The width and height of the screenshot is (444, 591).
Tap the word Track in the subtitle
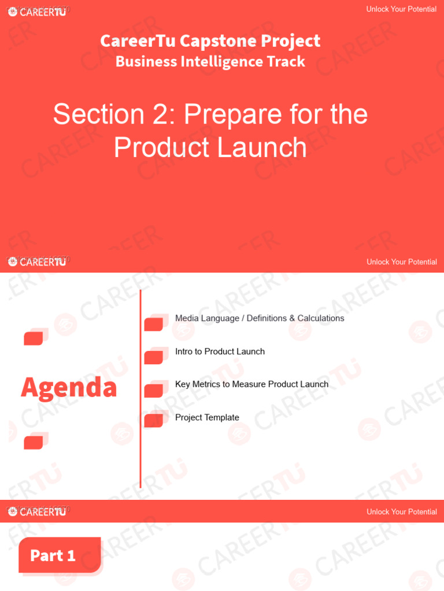[285, 61]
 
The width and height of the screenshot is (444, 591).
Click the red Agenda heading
[69, 387]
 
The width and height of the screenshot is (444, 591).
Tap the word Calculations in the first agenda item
[321, 318]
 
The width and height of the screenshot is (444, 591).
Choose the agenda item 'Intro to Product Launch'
[220, 351]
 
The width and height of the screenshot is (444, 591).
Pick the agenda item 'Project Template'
[207, 417]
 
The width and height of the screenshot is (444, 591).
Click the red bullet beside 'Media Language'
[153, 324]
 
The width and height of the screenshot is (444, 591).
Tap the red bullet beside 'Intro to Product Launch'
[153, 357]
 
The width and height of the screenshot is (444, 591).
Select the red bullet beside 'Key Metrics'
[153, 391]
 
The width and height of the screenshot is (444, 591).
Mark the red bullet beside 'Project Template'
[153, 421]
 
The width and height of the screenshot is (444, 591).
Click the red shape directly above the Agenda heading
[34, 338]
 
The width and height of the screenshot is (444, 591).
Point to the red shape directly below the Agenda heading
[34, 442]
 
